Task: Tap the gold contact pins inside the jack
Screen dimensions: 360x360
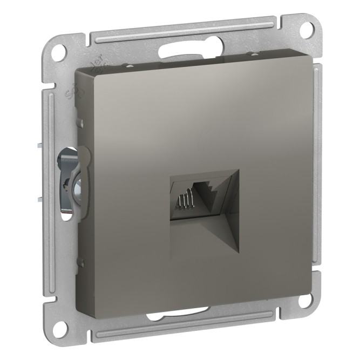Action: click(183, 203)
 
